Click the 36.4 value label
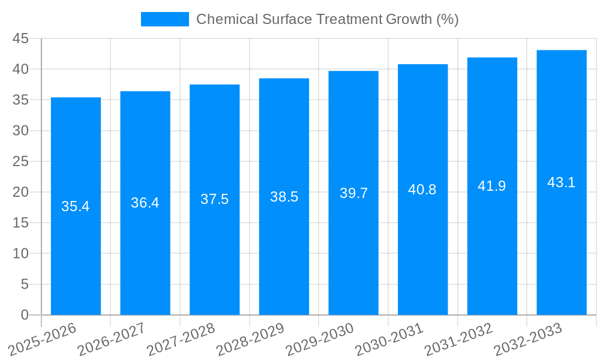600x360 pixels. tap(145, 203)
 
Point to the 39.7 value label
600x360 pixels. tap(353, 193)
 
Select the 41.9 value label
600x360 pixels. tap(492, 186)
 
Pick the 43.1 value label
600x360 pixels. tap(562, 182)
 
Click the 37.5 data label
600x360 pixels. tap(215, 199)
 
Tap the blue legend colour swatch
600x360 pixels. tap(164, 19)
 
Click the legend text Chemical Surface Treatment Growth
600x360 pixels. tap(327, 19)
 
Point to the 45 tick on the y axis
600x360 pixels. tap(20, 38)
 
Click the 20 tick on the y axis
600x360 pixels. tap(20, 192)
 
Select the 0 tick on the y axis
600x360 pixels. tap(25, 314)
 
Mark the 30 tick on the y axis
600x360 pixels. tap(20, 131)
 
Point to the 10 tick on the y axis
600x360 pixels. tap(20, 253)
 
